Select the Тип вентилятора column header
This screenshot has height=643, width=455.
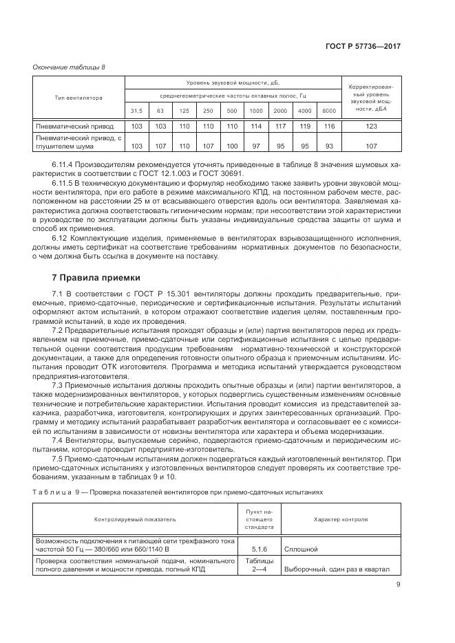coord(78,98)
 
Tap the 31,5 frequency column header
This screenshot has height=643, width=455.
coord(137,111)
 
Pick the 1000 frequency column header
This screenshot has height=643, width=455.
coord(256,111)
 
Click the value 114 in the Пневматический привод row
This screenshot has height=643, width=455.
coord(256,127)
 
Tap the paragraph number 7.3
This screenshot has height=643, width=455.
coord(57,386)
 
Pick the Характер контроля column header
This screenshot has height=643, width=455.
coord(340,520)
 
